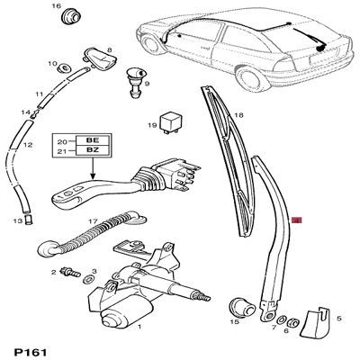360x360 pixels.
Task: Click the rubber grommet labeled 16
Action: click(72, 17)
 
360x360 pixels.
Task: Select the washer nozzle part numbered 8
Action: click(99, 58)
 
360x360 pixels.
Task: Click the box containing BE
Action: click(93, 140)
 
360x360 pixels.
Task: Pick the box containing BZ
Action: click(93, 150)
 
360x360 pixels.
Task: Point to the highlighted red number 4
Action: click(296, 220)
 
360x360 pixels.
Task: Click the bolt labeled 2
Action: click(70, 272)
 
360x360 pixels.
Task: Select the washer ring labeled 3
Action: click(87, 280)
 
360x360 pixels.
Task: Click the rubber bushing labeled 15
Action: click(242, 308)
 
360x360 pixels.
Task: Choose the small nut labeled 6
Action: click(292, 323)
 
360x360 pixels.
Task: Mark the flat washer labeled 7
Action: click(281, 320)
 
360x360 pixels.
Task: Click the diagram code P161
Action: click(31, 351)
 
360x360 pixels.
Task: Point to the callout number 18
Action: click(239, 115)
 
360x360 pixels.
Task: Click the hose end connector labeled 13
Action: click(29, 220)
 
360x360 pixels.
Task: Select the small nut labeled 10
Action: click(64, 68)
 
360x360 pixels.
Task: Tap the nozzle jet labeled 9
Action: click(136, 83)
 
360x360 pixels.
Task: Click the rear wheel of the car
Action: click(249, 77)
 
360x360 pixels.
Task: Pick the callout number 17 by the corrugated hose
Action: click(93, 221)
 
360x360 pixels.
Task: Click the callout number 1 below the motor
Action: click(139, 327)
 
